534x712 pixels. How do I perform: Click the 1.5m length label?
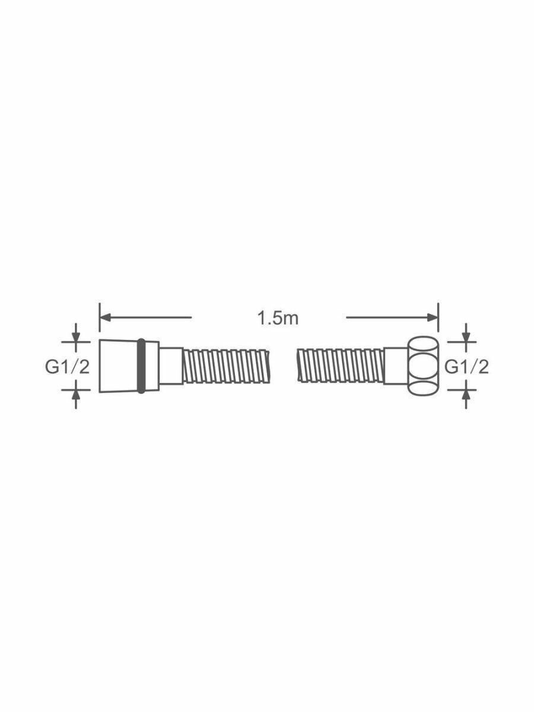pos(278,318)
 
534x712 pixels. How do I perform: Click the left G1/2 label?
pos(67,367)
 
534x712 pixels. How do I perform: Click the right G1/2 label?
pos(466,367)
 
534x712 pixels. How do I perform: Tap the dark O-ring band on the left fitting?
pos(141,366)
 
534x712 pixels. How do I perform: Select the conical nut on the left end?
pos(118,366)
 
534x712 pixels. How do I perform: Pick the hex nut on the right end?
pos(423,366)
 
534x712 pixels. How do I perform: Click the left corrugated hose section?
pos(226,366)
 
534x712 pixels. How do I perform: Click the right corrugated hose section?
pos(341,366)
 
